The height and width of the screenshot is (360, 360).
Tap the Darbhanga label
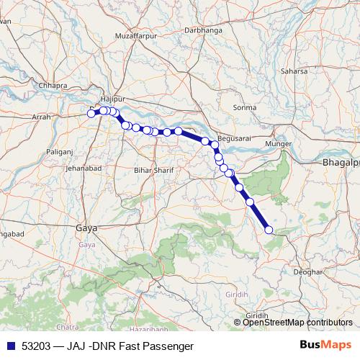point(204,31)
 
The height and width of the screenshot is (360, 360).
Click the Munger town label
point(279,145)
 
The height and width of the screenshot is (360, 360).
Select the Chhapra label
point(53,84)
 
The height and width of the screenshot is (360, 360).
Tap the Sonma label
point(245,107)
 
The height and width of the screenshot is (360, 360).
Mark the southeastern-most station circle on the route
point(269,230)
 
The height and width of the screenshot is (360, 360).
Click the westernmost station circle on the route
point(91,113)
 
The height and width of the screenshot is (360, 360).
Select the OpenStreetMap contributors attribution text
point(297,323)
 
